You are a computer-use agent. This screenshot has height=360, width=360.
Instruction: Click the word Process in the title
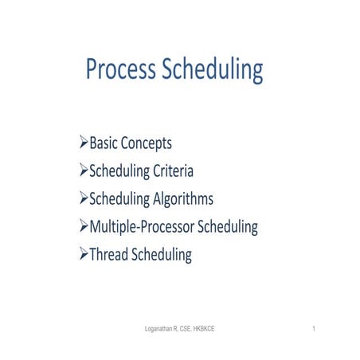point(120,71)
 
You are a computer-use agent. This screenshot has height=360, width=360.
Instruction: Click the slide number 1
point(315,329)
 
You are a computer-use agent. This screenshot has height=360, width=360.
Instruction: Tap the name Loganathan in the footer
point(155,329)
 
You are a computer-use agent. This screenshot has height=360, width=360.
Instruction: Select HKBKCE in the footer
point(218,329)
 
